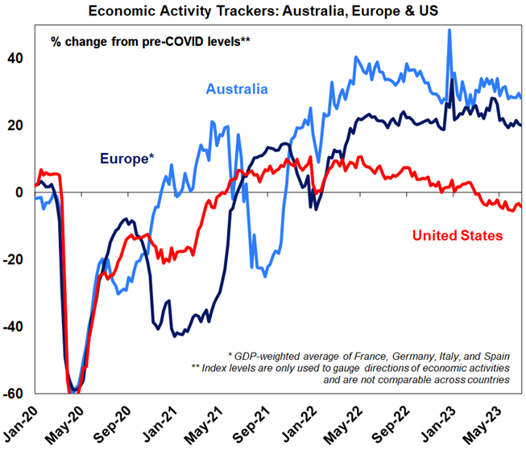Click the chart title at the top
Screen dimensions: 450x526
(263, 10)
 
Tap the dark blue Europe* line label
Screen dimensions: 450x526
(127, 158)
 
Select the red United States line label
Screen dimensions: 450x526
(458, 235)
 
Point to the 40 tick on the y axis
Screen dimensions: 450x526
(17, 58)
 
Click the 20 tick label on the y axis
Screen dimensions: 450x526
(17, 126)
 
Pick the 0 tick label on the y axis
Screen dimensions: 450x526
(22, 192)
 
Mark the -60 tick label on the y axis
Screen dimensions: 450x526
(15, 394)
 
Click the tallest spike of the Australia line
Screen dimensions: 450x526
(449, 31)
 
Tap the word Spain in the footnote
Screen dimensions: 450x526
(495, 354)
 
